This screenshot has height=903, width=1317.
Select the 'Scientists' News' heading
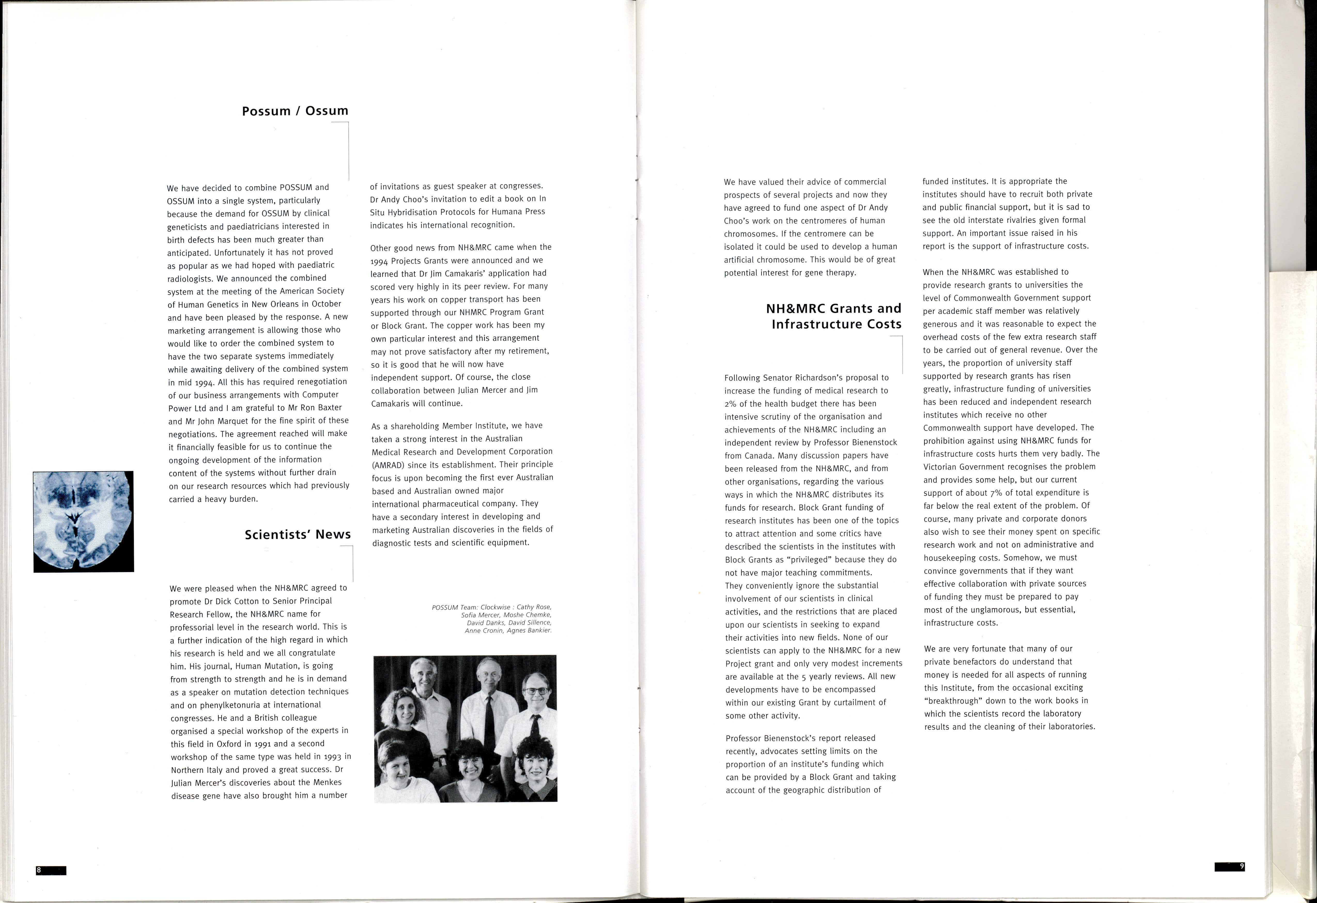(298, 535)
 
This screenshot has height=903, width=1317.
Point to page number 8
(39, 870)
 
